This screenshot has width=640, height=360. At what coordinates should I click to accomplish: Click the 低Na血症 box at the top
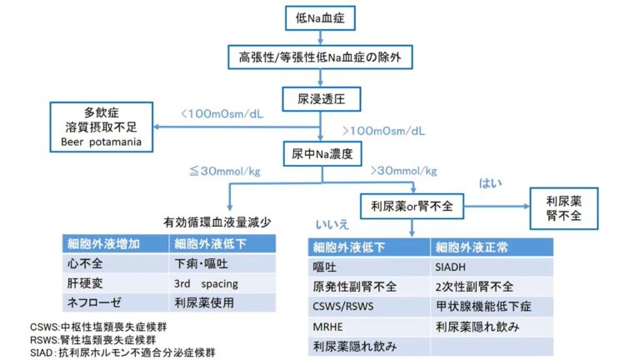click(x=321, y=16)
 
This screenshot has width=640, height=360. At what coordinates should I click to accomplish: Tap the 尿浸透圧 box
click(x=321, y=98)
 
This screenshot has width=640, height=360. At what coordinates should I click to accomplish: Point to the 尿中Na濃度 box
click(x=321, y=154)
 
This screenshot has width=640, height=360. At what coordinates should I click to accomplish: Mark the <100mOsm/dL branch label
click(x=225, y=112)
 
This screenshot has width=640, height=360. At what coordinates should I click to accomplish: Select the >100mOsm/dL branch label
click(x=384, y=131)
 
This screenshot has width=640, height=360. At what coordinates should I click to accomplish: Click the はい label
click(x=491, y=182)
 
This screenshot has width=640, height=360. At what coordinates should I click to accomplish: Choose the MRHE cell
click(x=326, y=327)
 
